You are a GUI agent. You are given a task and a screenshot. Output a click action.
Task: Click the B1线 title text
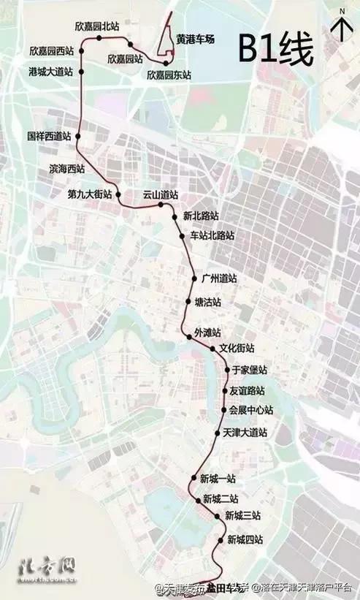[x=276, y=50]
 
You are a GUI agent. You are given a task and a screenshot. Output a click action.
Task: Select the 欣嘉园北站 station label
[x=97, y=26]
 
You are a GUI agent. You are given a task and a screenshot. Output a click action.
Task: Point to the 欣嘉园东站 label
[x=169, y=75]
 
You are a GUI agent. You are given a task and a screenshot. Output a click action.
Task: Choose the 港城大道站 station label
[x=51, y=72]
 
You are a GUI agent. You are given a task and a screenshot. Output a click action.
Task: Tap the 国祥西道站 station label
[x=49, y=136]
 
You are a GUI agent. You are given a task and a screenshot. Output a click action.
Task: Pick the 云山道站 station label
[x=161, y=195]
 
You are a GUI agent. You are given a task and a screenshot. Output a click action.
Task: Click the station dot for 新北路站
[x=175, y=216]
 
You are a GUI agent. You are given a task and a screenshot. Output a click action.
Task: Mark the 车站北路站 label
[x=212, y=235]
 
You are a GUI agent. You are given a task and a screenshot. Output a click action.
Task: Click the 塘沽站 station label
[x=208, y=302]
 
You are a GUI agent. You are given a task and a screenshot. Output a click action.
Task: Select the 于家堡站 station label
[x=248, y=370]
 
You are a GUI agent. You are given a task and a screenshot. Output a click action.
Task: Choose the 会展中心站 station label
[x=250, y=409]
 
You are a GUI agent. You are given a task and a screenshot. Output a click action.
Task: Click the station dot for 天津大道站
[x=217, y=433]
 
